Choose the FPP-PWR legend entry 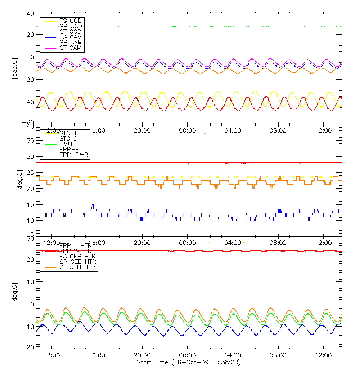click(74, 155)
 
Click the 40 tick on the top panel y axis click(31, 14)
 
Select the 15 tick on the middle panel click(31, 205)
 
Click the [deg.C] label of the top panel click(14, 69)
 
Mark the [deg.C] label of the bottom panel click(14, 293)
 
